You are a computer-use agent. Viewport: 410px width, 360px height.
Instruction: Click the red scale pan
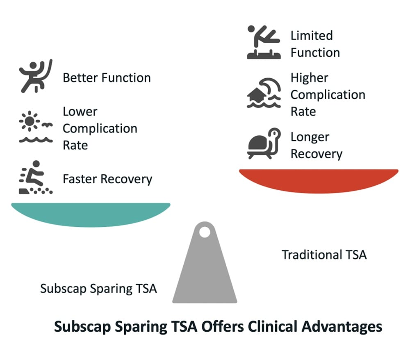(x=319, y=179)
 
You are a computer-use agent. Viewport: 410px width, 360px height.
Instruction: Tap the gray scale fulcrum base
(x=205, y=271)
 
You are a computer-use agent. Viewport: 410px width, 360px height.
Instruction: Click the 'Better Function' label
(x=107, y=78)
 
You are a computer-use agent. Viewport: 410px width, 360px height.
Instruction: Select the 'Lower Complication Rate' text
(x=100, y=128)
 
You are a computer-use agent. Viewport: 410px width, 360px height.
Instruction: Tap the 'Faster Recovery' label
(x=107, y=179)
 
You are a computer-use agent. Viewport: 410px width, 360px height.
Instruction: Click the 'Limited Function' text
(x=315, y=44)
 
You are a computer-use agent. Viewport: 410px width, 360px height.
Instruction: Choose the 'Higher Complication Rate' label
(x=327, y=95)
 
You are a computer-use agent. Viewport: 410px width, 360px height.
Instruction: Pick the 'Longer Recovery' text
(x=316, y=146)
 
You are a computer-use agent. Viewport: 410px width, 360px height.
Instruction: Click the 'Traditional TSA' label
(x=324, y=255)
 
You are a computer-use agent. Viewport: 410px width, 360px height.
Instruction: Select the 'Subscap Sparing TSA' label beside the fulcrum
(x=98, y=288)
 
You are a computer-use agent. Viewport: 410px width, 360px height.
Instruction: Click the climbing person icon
(x=36, y=76)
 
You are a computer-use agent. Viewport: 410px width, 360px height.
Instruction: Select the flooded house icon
(x=264, y=93)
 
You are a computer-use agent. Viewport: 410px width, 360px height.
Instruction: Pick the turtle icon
(x=264, y=144)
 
